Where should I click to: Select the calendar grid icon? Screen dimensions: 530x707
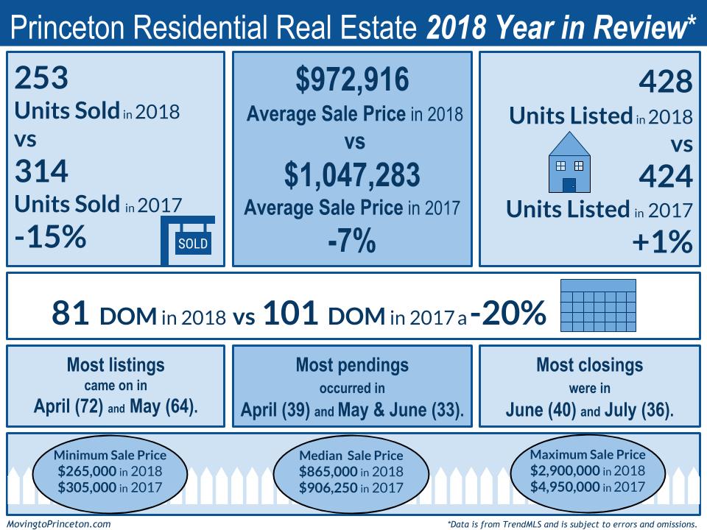(597, 306)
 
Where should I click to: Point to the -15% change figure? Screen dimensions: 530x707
(50, 238)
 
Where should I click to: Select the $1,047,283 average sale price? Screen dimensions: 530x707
(352, 175)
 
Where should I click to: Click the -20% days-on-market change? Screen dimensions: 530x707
(508, 313)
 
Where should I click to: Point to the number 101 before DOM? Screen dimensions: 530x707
(290, 314)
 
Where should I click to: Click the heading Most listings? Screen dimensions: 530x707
(116, 364)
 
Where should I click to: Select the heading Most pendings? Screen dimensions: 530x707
(351, 364)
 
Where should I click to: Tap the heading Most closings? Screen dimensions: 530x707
(589, 364)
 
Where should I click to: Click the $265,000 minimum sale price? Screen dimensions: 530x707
(108, 471)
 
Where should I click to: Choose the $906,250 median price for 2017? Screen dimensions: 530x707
(327, 487)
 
